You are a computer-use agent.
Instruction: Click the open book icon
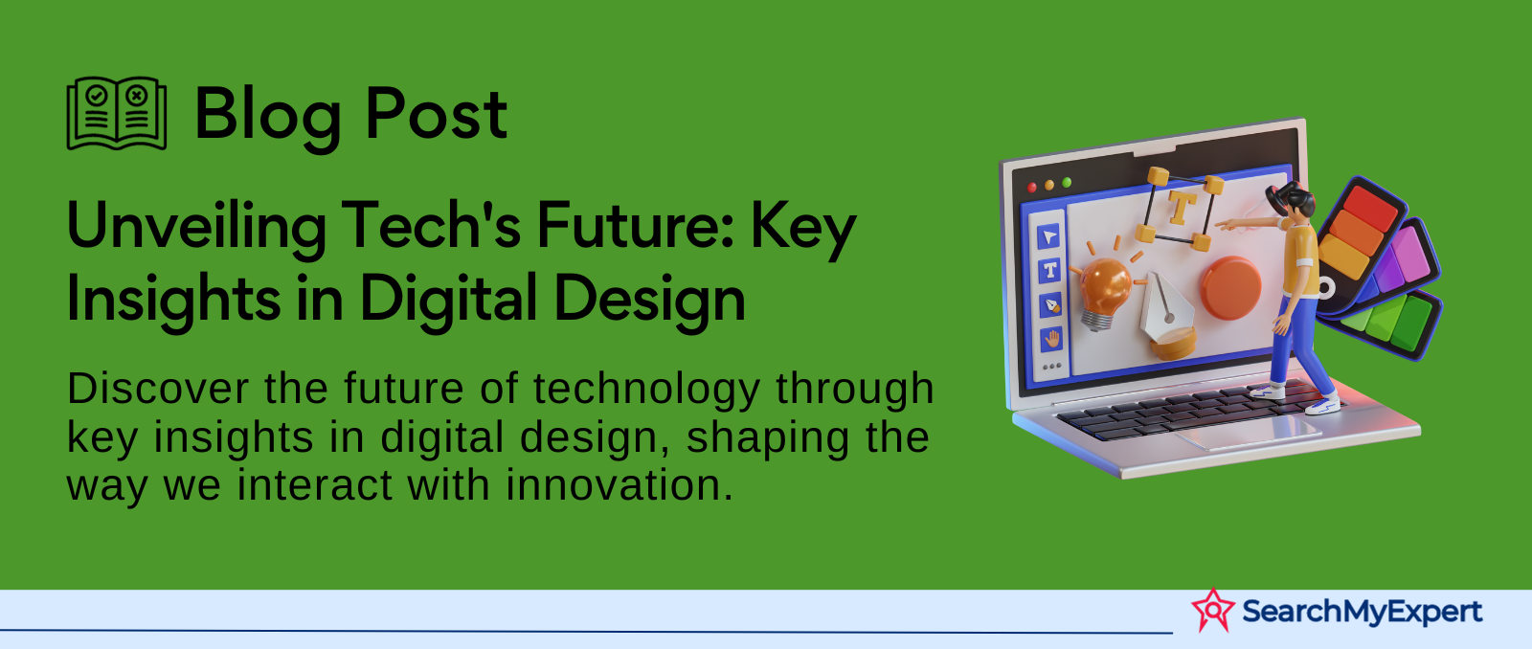pos(116,113)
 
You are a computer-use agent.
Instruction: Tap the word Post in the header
pos(437,114)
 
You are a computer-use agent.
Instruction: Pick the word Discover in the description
pos(158,389)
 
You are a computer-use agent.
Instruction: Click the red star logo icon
pos(1213,611)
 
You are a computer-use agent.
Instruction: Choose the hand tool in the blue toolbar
pos(1052,339)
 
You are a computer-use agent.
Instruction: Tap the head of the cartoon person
pos(1292,200)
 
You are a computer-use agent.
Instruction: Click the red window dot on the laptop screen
pos(1032,188)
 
